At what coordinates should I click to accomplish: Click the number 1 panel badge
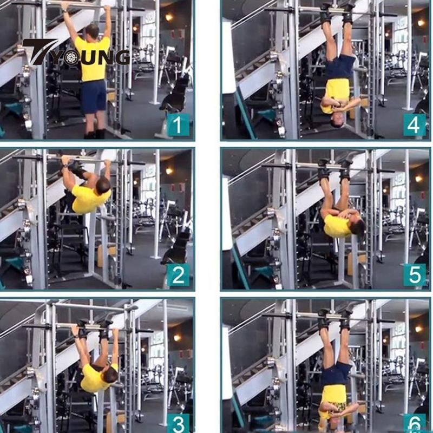click(178, 124)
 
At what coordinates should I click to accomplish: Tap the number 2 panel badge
click(178, 274)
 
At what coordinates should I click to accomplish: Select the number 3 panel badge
click(178, 423)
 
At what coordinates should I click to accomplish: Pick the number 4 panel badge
click(414, 125)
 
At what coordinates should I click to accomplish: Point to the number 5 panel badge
click(414, 274)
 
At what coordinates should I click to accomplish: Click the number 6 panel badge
click(414, 423)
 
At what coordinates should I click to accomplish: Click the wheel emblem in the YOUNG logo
click(73, 58)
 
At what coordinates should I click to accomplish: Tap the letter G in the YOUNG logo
click(121, 57)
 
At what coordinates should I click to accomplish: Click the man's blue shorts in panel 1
click(93, 96)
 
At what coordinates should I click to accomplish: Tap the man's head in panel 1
click(92, 31)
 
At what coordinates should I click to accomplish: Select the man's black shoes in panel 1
click(95, 134)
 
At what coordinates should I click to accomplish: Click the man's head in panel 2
click(103, 185)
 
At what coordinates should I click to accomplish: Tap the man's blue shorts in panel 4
click(340, 67)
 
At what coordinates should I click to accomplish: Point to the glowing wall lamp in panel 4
click(421, 23)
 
